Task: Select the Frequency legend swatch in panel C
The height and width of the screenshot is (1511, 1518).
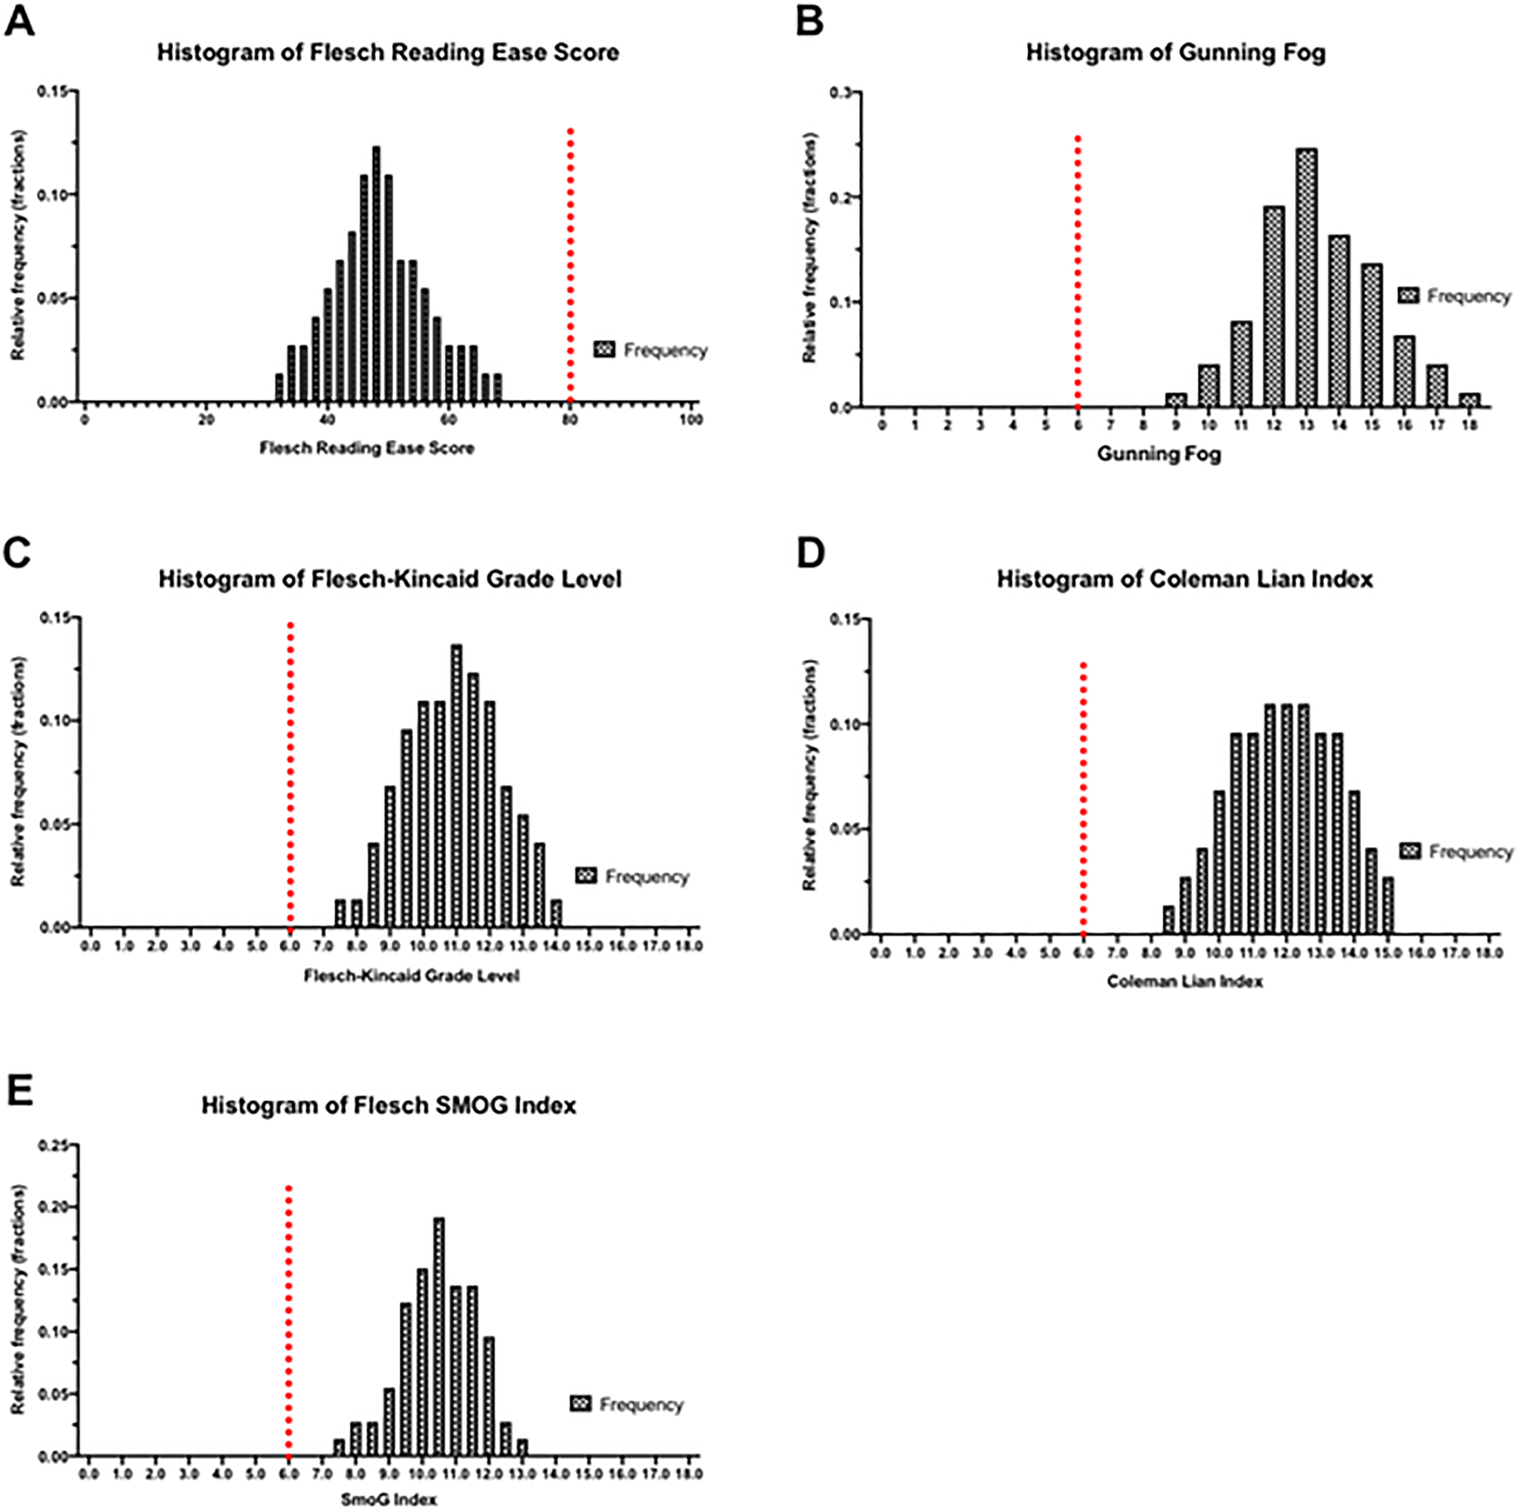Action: [586, 876]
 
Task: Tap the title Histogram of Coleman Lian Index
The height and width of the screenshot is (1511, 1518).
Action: [1185, 579]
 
